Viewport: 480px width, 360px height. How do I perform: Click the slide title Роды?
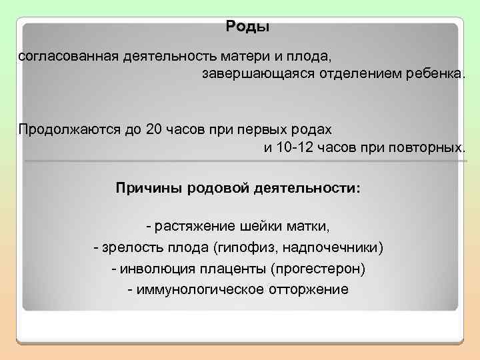[x=247, y=27]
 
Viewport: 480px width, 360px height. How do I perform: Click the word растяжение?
[x=193, y=226]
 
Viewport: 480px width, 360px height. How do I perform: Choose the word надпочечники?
[x=333, y=248]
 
